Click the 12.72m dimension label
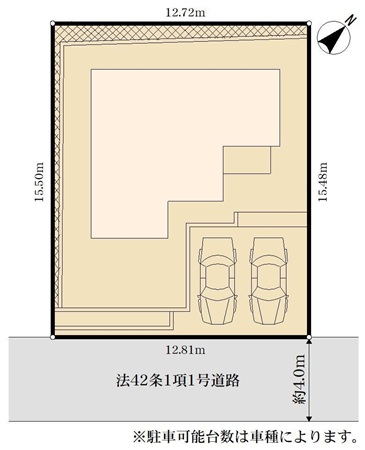(185, 13)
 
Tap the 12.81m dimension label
(185, 350)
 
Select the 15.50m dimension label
(39, 182)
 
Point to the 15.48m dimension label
(322, 182)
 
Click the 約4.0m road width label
(299, 379)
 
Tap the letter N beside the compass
(350, 21)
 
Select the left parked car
(217, 281)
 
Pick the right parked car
(269, 281)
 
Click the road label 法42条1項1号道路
(178, 380)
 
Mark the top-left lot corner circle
(53, 23)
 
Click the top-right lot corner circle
(309, 23)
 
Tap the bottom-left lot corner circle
(53, 337)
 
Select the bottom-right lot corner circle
(309, 337)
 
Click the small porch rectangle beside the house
(247, 160)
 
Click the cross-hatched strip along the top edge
(182, 33)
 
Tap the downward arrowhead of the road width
(309, 418)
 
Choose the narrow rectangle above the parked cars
(271, 219)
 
